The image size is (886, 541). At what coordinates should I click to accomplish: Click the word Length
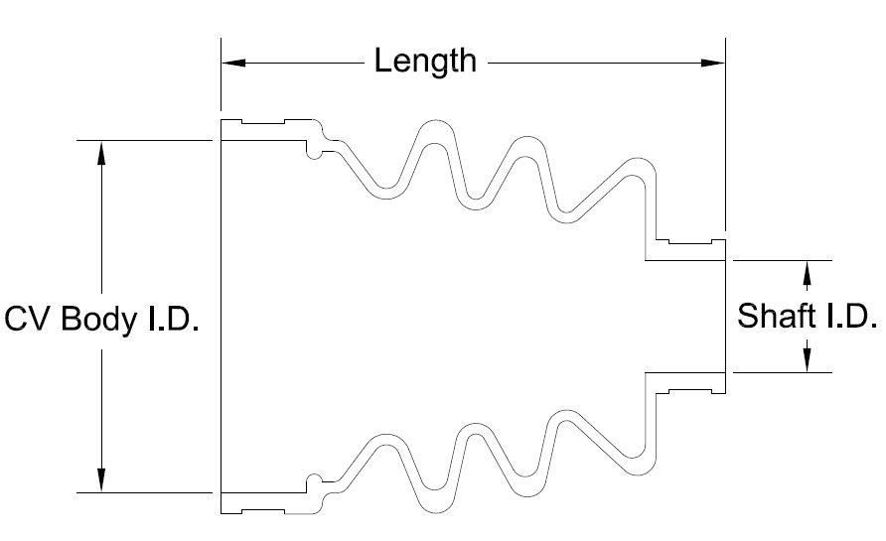point(425,62)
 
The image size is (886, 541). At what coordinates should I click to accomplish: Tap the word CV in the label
point(29,320)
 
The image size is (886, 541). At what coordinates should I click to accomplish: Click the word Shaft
point(776,317)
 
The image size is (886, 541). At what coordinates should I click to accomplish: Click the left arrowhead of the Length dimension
point(232,63)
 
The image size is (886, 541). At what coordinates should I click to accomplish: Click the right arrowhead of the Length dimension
point(714,63)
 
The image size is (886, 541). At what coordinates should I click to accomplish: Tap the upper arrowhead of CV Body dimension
point(101,152)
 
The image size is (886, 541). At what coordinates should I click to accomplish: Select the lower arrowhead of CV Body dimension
point(101,480)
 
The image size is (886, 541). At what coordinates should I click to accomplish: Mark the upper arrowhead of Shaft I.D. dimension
point(807,270)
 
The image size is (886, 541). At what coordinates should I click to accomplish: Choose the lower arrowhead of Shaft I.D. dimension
point(807,361)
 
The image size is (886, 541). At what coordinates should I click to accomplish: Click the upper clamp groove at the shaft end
point(692,241)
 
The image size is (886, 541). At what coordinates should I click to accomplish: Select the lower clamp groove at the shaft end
point(692,390)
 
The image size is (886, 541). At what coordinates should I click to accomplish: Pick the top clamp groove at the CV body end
point(263,124)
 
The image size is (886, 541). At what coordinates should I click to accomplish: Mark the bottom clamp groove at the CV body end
point(263,509)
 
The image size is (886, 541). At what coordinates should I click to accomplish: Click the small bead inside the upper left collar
point(314,150)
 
